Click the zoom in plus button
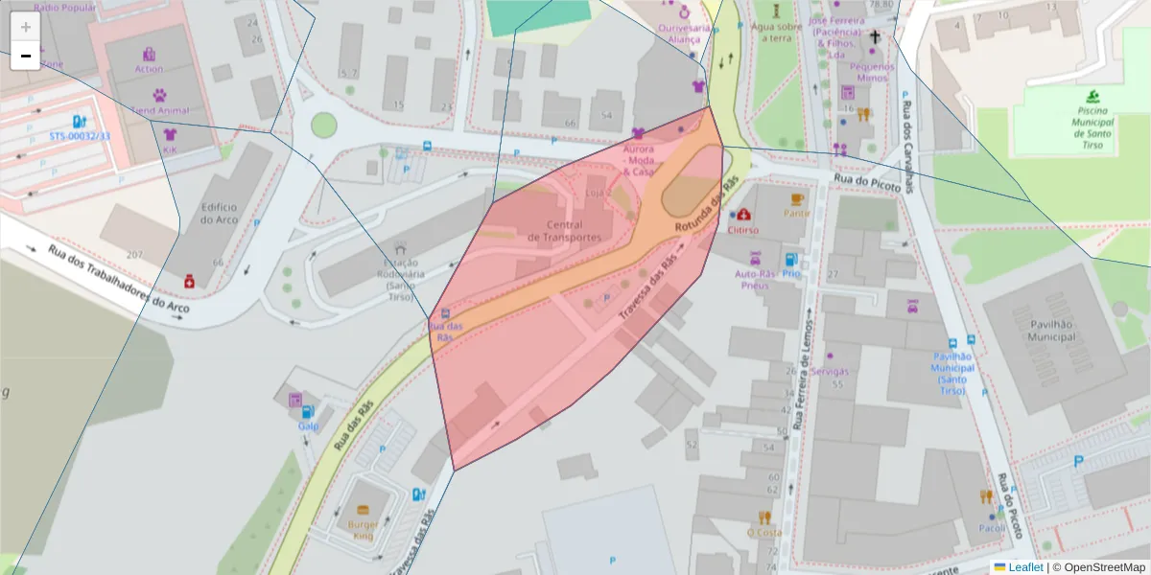(x=26, y=27)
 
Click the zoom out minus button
(x=26, y=56)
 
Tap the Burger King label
(x=363, y=530)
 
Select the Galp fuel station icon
(x=295, y=399)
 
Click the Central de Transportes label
(x=565, y=231)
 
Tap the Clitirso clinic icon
(x=743, y=214)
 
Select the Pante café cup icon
(x=796, y=199)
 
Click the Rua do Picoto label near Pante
(x=866, y=182)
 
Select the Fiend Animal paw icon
(x=159, y=95)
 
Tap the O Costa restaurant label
(x=763, y=532)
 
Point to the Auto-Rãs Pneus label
(x=755, y=279)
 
